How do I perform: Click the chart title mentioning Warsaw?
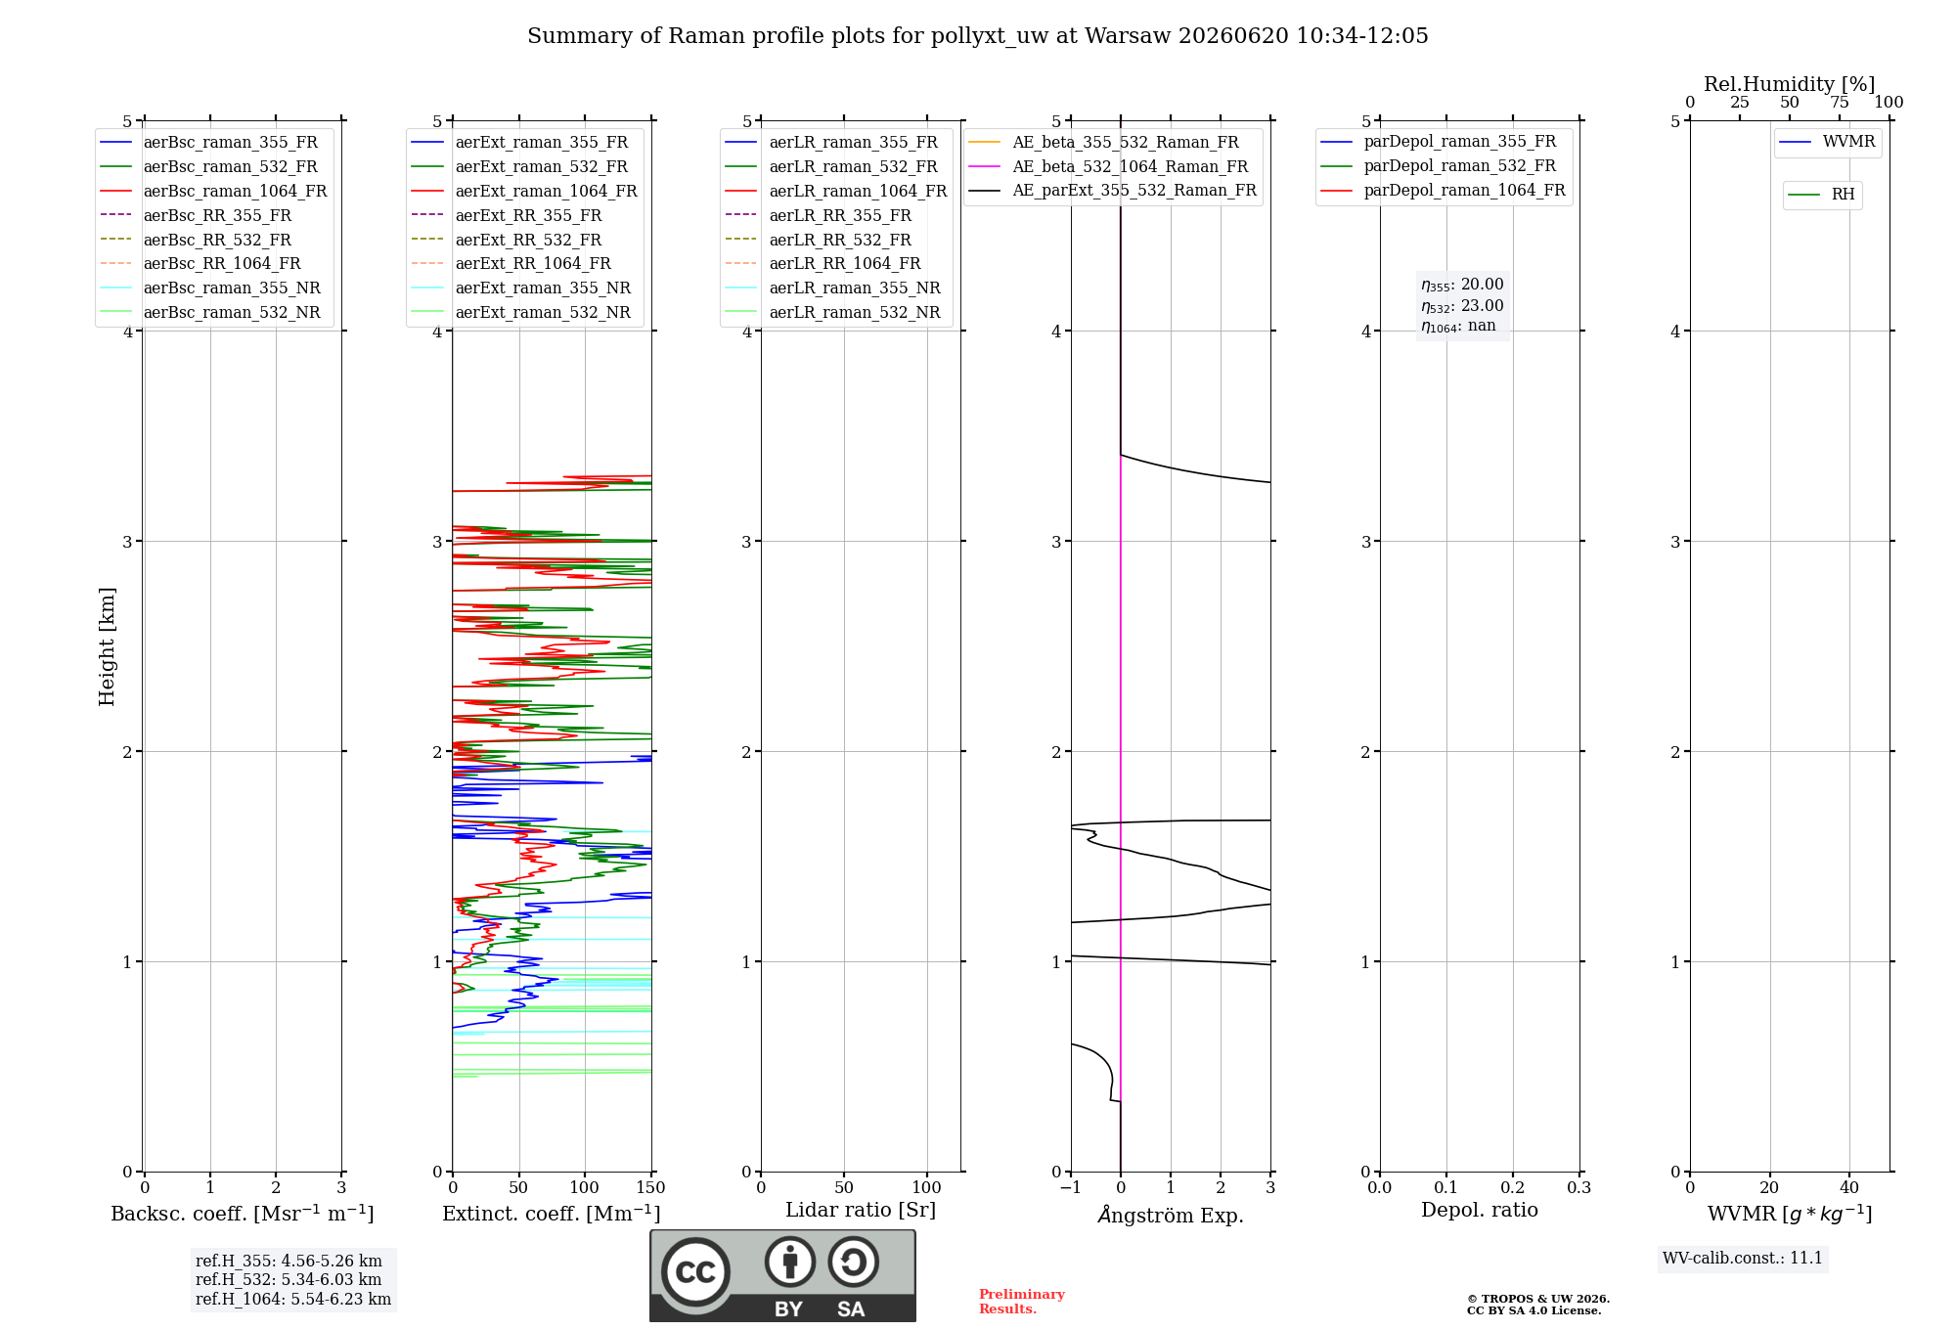coord(978,36)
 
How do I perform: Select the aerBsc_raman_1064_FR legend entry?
coord(214,191)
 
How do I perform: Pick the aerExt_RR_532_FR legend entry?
coord(507,240)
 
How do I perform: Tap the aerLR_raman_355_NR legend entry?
coord(833,288)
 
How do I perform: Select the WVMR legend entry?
coord(1828,142)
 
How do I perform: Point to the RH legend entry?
coord(1822,195)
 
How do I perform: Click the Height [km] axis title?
coord(107,646)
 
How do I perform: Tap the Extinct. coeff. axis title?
coord(552,1214)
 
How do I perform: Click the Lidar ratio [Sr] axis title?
coord(861,1210)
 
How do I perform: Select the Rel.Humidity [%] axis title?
coord(1790,84)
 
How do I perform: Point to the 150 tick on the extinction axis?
coord(650,1187)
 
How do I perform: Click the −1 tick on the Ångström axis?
coord(1071,1187)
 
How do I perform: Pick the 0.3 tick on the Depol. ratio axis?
coord(1579,1187)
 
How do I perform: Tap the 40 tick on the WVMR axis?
coord(1849,1187)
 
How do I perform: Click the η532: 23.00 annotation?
coord(1463,306)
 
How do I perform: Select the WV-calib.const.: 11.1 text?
coord(1743,1259)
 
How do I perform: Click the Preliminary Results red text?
coord(1022,1302)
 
